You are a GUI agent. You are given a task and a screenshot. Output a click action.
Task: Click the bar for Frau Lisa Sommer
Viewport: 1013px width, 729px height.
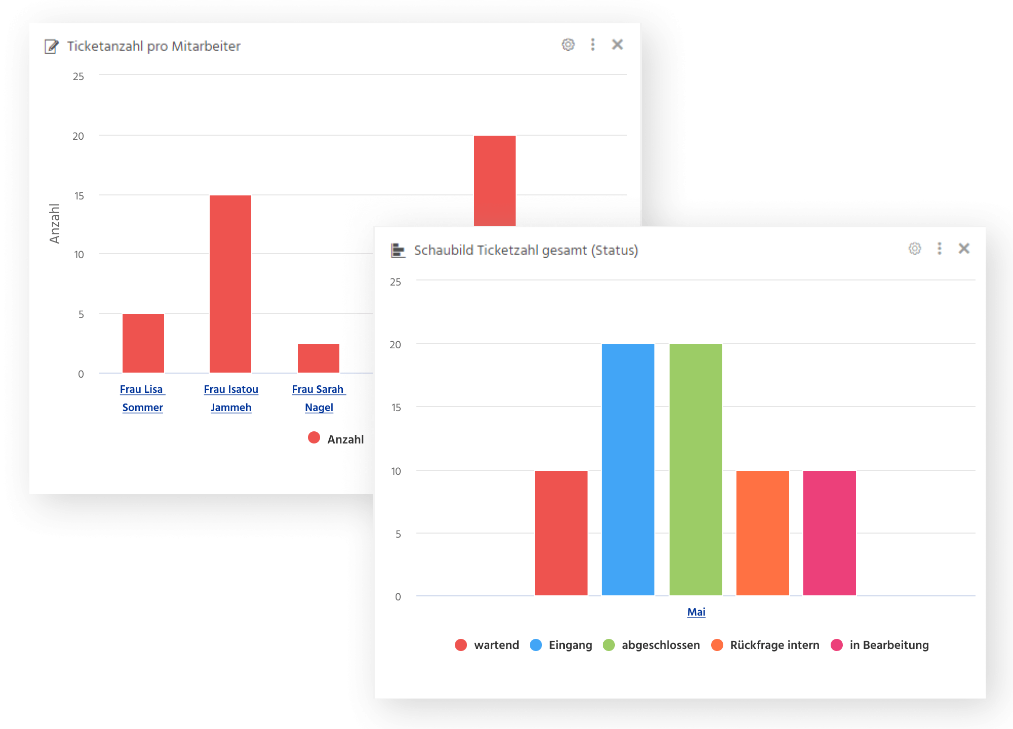[x=143, y=343]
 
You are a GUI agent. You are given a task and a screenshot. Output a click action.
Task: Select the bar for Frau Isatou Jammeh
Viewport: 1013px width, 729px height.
[x=230, y=283]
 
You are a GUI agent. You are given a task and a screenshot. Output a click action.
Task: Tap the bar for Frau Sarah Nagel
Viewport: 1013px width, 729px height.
[x=319, y=358]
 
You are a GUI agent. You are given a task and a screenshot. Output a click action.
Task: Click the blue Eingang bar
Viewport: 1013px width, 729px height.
[x=628, y=470]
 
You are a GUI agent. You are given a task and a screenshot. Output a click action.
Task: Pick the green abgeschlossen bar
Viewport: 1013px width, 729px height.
[x=696, y=470]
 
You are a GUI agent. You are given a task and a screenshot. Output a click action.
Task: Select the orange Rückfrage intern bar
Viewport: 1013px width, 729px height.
[x=763, y=533]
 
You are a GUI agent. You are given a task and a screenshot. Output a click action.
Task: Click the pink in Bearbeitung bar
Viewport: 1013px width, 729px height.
[x=830, y=533]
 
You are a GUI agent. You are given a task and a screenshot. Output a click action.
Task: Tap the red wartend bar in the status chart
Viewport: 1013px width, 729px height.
[x=561, y=533]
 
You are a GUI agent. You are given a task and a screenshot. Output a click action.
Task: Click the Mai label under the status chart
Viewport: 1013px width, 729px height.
[x=696, y=612]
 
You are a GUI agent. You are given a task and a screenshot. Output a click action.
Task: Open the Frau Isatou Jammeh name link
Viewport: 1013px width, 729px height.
[x=231, y=398]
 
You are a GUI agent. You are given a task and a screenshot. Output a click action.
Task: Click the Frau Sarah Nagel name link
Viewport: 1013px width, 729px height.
[x=319, y=398]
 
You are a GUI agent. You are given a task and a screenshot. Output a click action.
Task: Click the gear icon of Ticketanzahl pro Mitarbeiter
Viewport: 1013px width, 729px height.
[x=568, y=45]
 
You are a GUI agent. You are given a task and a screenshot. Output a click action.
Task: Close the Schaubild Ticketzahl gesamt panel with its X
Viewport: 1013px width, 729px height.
[x=964, y=249]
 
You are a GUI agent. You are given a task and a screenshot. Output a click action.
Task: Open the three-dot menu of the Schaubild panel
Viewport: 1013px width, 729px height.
[x=940, y=249]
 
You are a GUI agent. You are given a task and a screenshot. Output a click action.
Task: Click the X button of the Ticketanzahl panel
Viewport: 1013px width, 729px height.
[x=617, y=45]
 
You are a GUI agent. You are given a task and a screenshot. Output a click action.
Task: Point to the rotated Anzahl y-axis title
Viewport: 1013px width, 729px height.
[x=55, y=224]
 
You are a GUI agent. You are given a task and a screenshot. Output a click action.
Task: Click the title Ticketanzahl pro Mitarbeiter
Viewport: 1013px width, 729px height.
[x=154, y=46]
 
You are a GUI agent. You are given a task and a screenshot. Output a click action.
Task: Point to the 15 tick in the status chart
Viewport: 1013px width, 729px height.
[x=396, y=408]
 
